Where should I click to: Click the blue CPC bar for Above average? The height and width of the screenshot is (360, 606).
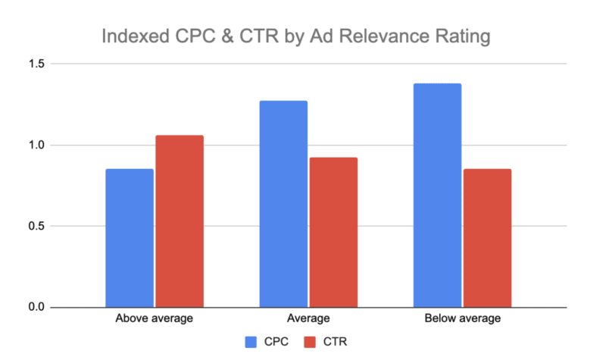point(130,238)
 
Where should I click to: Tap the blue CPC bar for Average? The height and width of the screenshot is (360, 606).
point(283,204)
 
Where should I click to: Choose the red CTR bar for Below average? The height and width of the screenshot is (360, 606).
point(487,238)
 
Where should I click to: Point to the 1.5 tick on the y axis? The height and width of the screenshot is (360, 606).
point(36,64)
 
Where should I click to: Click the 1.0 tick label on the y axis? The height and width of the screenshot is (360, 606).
point(36,146)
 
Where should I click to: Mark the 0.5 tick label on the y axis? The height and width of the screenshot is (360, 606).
point(36,227)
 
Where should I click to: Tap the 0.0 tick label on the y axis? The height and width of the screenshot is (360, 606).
point(36,308)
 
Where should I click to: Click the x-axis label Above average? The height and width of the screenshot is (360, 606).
point(154,318)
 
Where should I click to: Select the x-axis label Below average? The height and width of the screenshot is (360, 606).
point(462,318)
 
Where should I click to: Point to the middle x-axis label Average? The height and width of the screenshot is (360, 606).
point(308,318)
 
